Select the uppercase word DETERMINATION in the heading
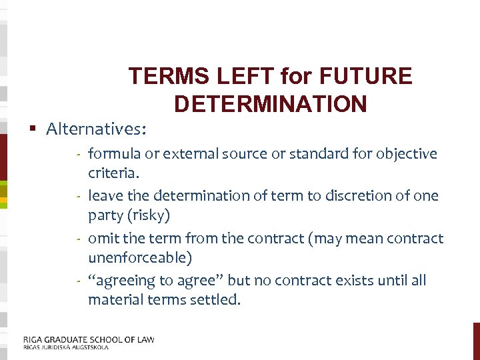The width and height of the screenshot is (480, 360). [x=270, y=104]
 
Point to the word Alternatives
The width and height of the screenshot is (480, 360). [x=97, y=128]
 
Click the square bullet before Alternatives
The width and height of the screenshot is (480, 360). [x=32, y=128]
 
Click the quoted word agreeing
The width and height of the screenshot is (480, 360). [x=123, y=281]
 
